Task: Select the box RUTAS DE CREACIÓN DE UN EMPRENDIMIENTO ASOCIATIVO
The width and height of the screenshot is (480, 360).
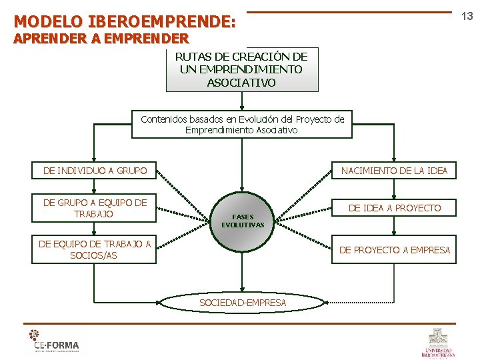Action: click(x=241, y=69)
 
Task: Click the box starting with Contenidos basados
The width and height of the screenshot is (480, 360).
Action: click(x=242, y=125)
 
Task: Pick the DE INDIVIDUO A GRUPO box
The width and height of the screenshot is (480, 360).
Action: click(x=95, y=171)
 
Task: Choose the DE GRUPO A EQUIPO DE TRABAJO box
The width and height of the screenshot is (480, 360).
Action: click(x=95, y=208)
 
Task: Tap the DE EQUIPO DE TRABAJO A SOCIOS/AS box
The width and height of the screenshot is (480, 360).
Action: click(x=95, y=249)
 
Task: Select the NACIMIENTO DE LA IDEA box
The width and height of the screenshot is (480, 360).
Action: click(x=394, y=171)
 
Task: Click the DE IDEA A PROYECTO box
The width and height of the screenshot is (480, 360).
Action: click(x=395, y=208)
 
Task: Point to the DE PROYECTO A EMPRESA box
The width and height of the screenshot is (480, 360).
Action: click(x=395, y=250)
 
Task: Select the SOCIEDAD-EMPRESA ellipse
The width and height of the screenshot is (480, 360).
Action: click(x=243, y=303)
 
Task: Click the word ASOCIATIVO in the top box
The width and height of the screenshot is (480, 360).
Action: click(x=241, y=83)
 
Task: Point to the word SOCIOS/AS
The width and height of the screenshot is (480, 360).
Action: click(x=93, y=255)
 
